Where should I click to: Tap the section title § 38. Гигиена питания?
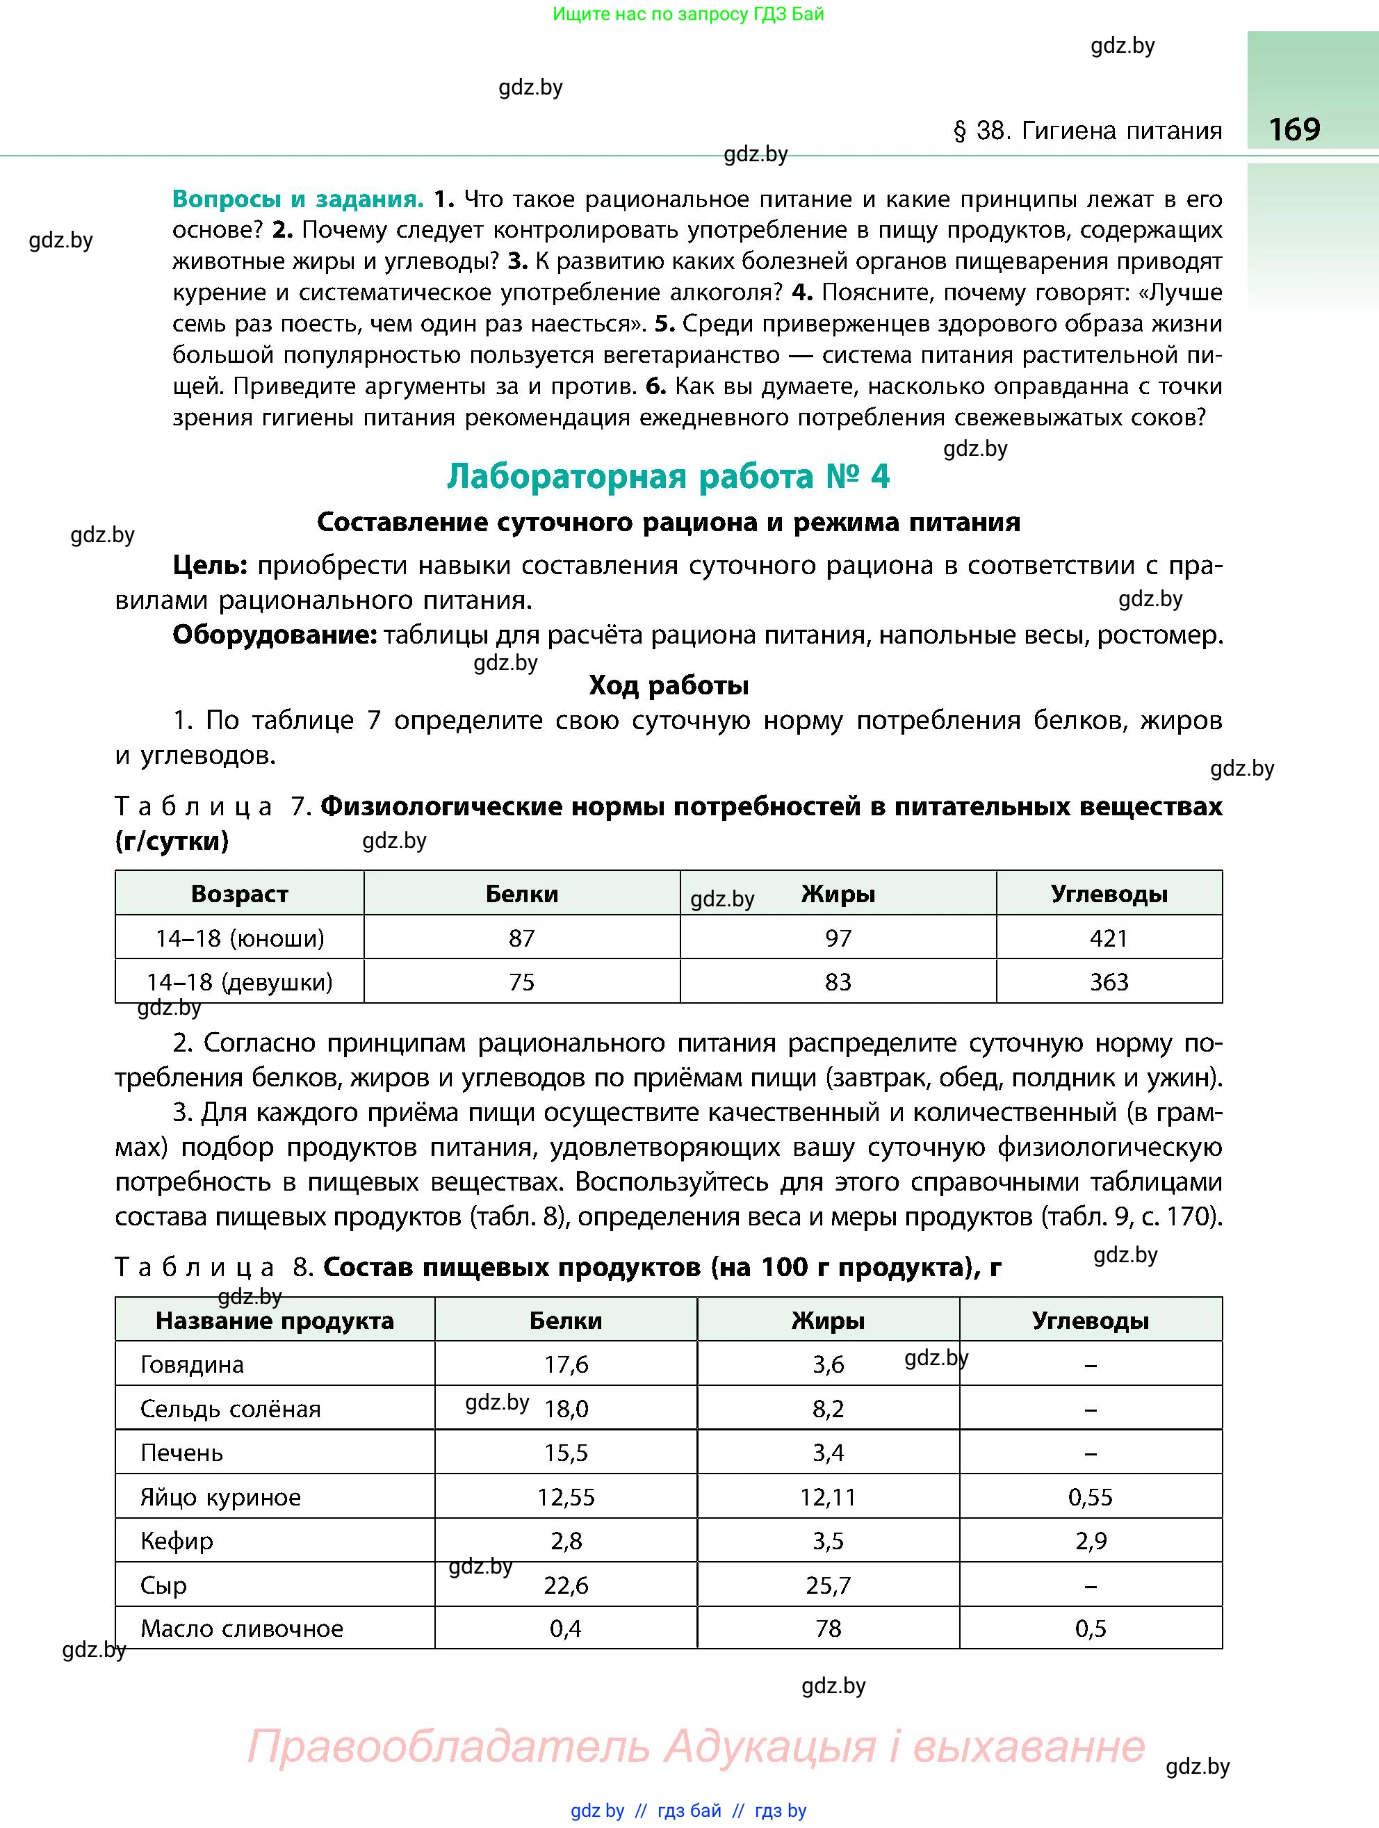(x=1087, y=131)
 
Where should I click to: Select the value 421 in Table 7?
(x=1108, y=938)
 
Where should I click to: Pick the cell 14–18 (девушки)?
(x=240, y=981)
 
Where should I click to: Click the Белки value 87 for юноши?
(x=521, y=938)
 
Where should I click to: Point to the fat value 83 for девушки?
(x=837, y=981)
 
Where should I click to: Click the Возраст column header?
(x=240, y=893)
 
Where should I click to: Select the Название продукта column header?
(x=275, y=1321)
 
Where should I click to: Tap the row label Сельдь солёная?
(x=231, y=1409)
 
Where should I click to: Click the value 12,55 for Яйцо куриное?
(x=566, y=1497)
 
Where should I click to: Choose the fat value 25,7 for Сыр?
(x=828, y=1585)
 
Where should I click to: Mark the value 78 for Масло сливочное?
(x=828, y=1628)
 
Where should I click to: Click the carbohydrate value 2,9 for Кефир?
(x=1091, y=1540)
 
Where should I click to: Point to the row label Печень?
(x=182, y=1453)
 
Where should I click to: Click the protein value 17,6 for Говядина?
(x=566, y=1364)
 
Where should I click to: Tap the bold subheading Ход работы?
(x=669, y=685)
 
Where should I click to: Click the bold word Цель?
(x=210, y=566)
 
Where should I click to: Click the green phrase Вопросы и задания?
(x=297, y=199)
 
